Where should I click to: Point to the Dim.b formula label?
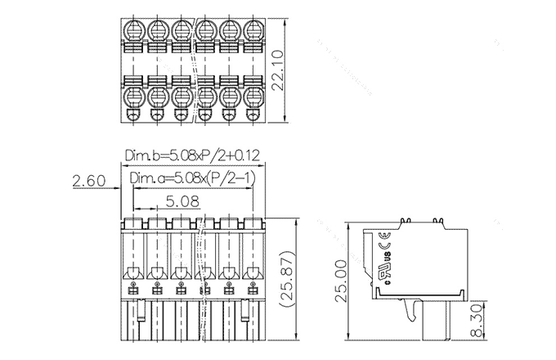(191, 155)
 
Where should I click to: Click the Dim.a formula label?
(191, 179)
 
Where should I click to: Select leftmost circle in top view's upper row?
(134, 31)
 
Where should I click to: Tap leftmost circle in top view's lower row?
(134, 97)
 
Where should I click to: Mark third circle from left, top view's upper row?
(182, 31)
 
